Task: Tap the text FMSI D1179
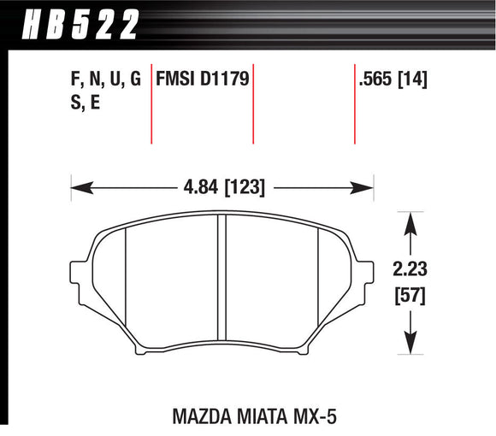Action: tap(201, 80)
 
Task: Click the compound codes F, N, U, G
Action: tap(105, 80)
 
